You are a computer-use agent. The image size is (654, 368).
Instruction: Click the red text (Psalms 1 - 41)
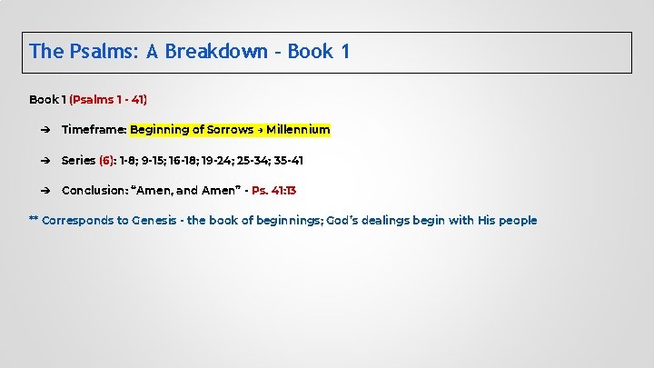click(x=108, y=99)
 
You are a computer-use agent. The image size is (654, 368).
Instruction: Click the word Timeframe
click(x=93, y=130)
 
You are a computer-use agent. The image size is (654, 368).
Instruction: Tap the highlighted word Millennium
click(x=298, y=130)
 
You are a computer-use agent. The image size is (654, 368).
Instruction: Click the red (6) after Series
click(x=107, y=161)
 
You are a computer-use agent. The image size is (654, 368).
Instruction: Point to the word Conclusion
click(x=94, y=191)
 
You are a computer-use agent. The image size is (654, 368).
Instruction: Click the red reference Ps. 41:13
click(x=273, y=191)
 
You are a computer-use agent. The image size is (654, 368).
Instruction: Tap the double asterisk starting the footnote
click(x=34, y=221)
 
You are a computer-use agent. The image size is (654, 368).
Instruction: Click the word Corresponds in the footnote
click(x=78, y=221)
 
